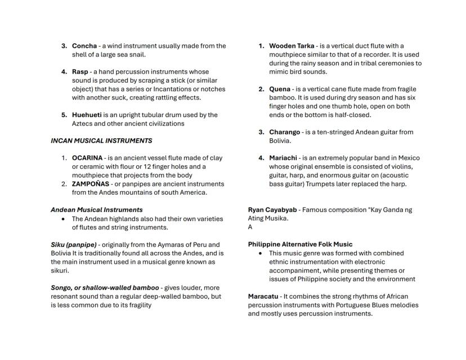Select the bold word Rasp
tap(80, 72)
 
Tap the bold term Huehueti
tap(90, 115)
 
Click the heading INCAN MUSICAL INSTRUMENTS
tap(101, 141)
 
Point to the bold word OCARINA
tap(87, 158)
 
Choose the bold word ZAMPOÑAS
tap(91, 184)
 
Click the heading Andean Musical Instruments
tap(96, 210)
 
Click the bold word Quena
tap(280, 89)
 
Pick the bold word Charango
tap(285, 132)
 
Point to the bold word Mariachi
tap(283, 158)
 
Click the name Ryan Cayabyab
tap(272, 210)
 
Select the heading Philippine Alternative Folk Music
tap(300, 245)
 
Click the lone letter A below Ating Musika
tap(250, 227)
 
